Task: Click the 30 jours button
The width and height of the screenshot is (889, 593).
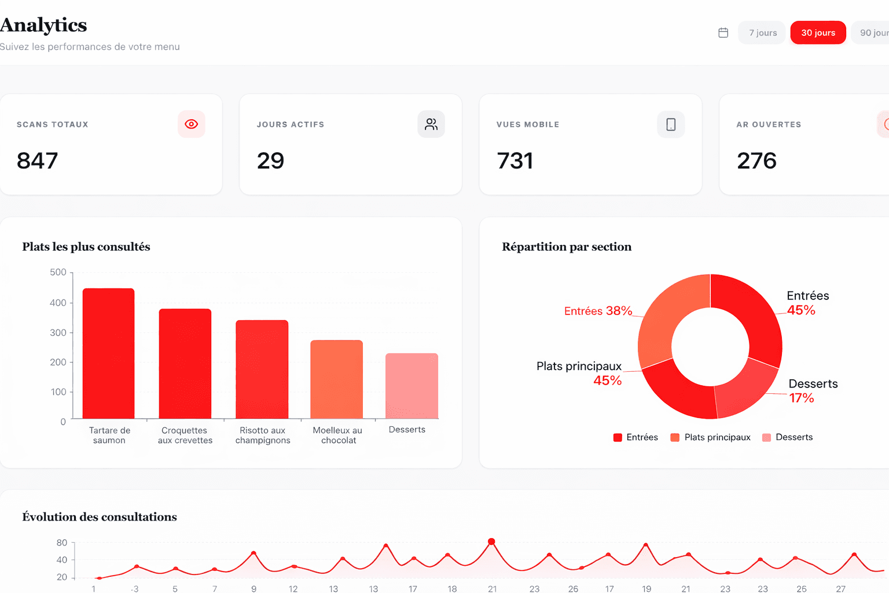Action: coord(818,32)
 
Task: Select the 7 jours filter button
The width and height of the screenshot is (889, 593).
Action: coord(762,32)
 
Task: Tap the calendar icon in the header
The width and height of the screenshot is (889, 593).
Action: coord(723,32)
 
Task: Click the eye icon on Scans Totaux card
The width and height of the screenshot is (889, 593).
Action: coord(192,124)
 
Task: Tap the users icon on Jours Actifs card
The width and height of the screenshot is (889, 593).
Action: coord(431,124)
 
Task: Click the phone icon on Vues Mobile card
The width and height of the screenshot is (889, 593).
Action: coord(671,125)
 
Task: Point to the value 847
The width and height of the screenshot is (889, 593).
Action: coord(37,160)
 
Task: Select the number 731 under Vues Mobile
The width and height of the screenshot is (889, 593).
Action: coord(515,160)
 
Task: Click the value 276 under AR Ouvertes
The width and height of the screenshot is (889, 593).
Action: coord(756,160)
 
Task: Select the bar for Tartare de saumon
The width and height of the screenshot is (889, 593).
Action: coord(108,353)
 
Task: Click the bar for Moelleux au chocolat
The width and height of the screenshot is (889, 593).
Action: coord(336,379)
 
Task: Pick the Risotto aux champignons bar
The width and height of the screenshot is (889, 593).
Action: coord(262,369)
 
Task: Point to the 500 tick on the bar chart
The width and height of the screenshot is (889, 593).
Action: coord(58,272)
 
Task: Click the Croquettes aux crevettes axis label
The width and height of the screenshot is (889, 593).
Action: coord(185,435)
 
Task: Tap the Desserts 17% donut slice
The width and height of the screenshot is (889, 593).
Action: coord(745,390)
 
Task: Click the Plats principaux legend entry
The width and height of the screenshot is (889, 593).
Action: coord(710,437)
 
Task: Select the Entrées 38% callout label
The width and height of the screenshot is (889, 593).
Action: coord(598,310)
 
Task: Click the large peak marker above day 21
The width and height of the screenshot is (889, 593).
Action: coord(491,541)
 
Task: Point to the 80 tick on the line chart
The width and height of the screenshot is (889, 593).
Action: coord(62,543)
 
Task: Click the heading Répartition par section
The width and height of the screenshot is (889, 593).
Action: coord(567,247)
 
